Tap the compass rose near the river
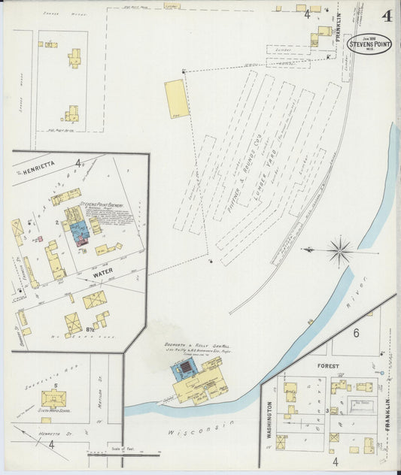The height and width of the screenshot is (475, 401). tap(340, 250)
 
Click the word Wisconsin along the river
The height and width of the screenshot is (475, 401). tap(201, 432)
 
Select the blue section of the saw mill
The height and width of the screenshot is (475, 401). tap(184, 369)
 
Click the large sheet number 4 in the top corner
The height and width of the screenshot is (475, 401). tap(387, 16)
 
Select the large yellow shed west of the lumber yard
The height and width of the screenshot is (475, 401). tap(176, 99)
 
